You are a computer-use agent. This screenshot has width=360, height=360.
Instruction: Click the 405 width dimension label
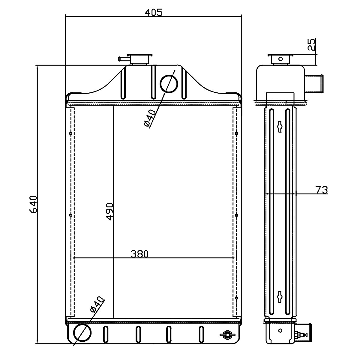[x=154, y=13]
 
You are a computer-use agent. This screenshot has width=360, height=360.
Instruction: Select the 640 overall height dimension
[x=34, y=204]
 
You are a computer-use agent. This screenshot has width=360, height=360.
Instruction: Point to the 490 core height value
[x=109, y=212]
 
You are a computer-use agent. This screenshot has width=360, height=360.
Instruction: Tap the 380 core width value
[x=139, y=254]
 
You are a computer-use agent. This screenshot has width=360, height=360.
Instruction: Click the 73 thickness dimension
[x=322, y=190]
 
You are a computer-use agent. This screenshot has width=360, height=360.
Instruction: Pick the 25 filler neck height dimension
[x=311, y=44]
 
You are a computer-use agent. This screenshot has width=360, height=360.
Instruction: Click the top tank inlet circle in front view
[x=169, y=84]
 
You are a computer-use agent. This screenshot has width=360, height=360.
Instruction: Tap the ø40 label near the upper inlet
[x=150, y=118]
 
